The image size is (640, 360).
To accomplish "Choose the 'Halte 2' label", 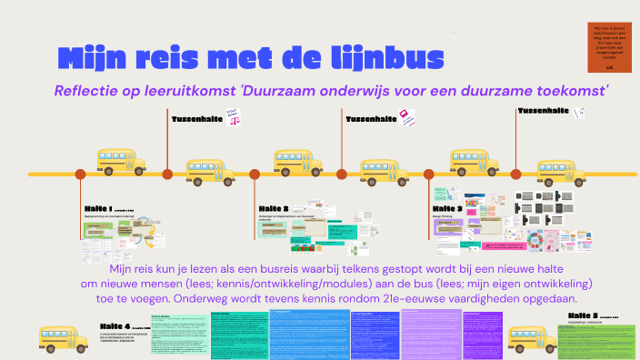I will pos(273,208).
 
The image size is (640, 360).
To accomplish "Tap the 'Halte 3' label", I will pos(448,208).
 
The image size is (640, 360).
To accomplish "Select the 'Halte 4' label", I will pos(116,325).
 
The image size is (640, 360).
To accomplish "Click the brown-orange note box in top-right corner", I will pos(608,46).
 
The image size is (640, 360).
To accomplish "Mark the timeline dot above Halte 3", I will pos(433,174).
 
